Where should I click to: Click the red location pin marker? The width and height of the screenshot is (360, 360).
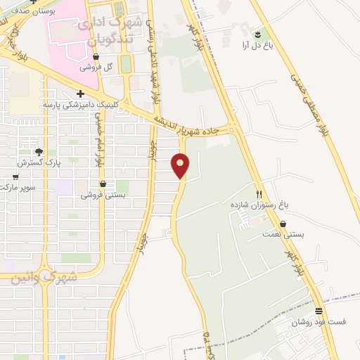[181, 166]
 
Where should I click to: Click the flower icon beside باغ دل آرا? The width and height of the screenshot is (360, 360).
[258, 33]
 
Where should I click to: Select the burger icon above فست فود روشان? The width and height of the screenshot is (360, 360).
[319, 310]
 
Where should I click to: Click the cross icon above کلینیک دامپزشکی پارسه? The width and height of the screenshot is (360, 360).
[81, 94]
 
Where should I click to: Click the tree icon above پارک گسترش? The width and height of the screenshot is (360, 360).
[39, 152]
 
